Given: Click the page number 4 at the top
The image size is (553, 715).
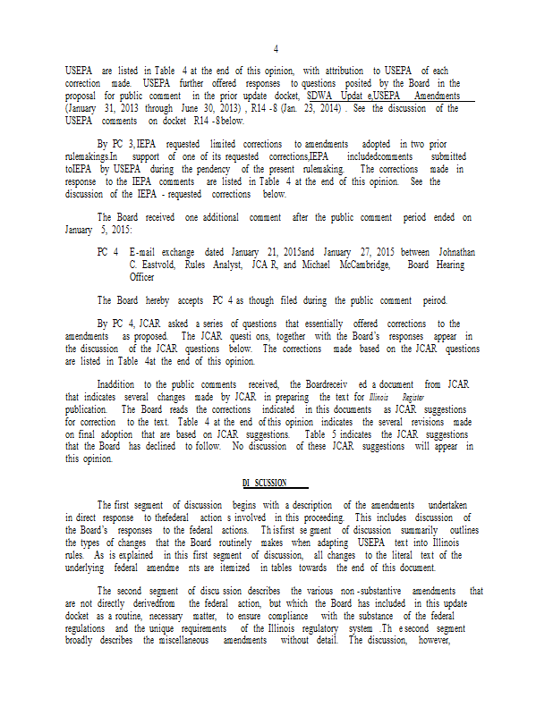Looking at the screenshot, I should point(276,48).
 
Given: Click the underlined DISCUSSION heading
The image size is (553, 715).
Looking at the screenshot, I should point(266,484).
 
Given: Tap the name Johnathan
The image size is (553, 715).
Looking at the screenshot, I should point(454,253).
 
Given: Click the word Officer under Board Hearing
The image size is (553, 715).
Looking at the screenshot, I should point(142,277).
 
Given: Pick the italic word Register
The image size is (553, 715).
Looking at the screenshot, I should point(413,397).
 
